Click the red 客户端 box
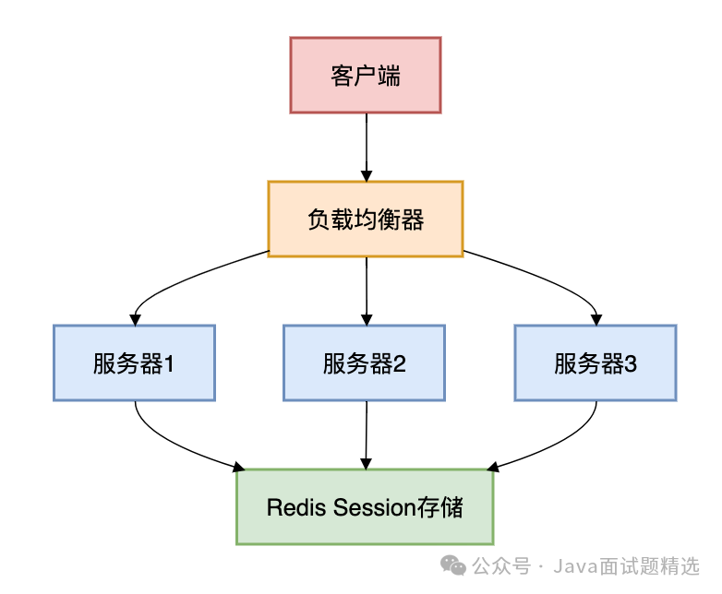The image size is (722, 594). tap(366, 75)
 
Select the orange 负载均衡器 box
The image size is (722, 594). tap(366, 219)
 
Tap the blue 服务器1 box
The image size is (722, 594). tap(134, 362)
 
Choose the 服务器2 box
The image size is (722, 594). tap(365, 362)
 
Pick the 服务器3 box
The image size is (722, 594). tap(596, 362)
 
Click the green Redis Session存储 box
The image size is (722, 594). tap(365, 506)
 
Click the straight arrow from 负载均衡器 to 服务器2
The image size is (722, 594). tap(367, 290)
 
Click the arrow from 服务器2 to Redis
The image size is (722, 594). tap(367, 434)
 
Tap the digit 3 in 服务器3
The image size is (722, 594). tap(631, 363)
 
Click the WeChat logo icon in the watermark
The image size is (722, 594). tap(453, 564)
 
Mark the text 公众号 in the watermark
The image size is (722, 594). tap(501, 565)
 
